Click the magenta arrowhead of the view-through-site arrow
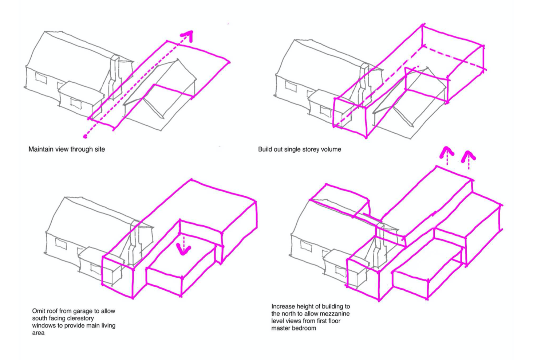point(188,36)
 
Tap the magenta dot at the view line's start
point(85,136)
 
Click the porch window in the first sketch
point(76,103)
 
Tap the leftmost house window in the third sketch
point(61,244)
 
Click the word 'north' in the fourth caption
point(295,314)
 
